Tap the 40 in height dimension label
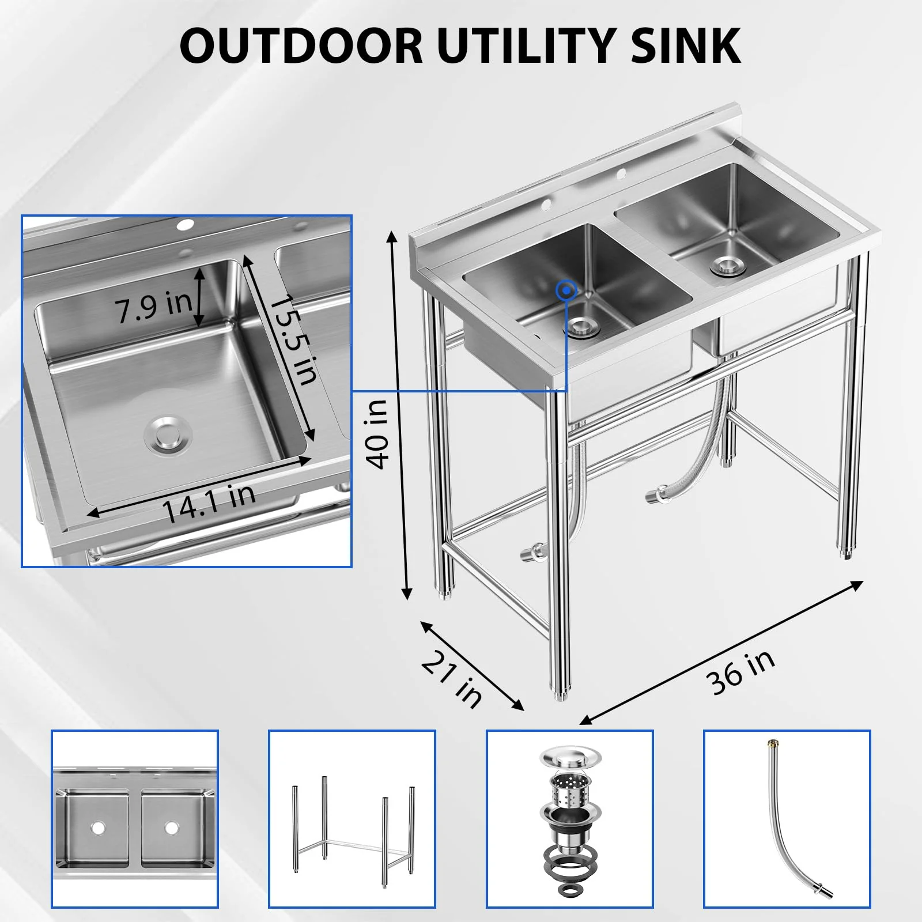pyautogui.click(x=378, y=434)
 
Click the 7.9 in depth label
pyautogui.click(x=154, y=306)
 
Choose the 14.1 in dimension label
pyautogui.click(x=209, y=502)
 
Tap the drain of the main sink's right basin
pyautogui.click(x=728, y=265)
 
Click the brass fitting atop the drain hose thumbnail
pyautogui.click(x=770, y=745)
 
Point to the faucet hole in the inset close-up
pyautogui.click(x=186, y=225)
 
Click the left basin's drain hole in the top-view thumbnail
pyautogui.click(x=98, y=827)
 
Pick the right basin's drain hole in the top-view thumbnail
pyautogui.click(x=172, y=827)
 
